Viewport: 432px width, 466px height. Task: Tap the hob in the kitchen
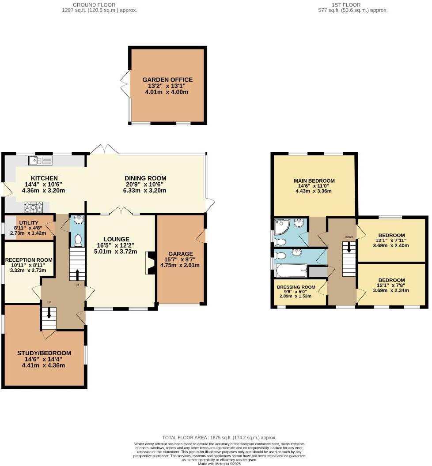click(33, 207)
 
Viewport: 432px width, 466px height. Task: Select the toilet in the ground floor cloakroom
click(78, 240)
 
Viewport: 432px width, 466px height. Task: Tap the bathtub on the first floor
click(290, 270)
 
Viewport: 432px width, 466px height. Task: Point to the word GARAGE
click(180, 254)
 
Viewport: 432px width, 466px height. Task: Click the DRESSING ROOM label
click(296, 287)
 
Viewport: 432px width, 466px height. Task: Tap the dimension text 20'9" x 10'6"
click(145, 184)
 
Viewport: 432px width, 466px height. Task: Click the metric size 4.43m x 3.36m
click(314, 191)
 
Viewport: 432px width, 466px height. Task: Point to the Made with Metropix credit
click(219, 463)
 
